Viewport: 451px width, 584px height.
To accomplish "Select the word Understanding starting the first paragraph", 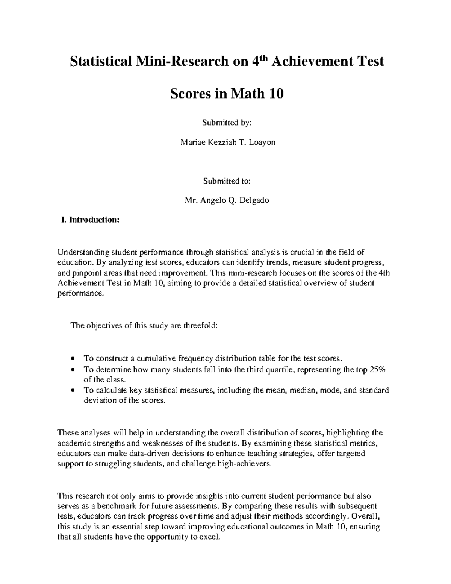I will click(x=78, y=252).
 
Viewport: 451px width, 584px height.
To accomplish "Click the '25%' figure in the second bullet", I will click(x=378, y=370).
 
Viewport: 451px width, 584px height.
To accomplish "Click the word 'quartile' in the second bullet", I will click(x=282, y=370).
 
